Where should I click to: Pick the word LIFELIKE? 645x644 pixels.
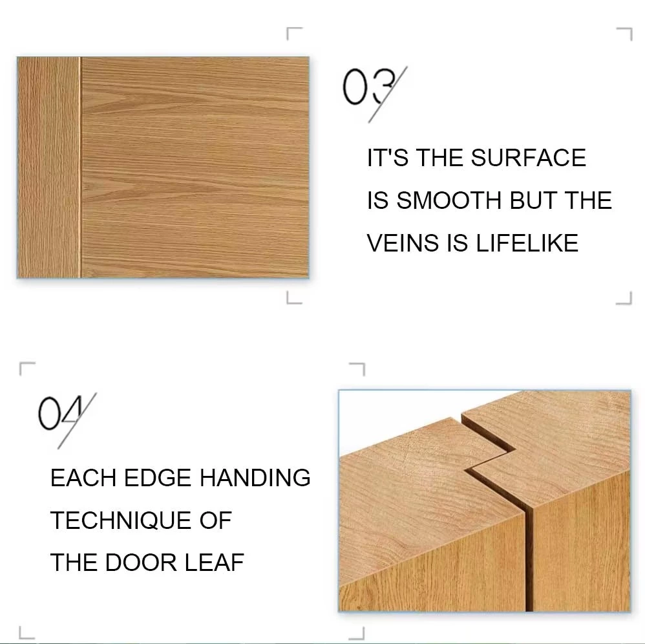click(527, 243)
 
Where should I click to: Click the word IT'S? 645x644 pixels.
click(388, 158)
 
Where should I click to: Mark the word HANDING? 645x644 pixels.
click(255, 478)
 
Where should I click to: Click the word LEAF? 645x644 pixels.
click(215, 563)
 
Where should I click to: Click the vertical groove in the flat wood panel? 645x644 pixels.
click(79, 168)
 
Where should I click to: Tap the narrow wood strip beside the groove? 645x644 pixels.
click(48, 168)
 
